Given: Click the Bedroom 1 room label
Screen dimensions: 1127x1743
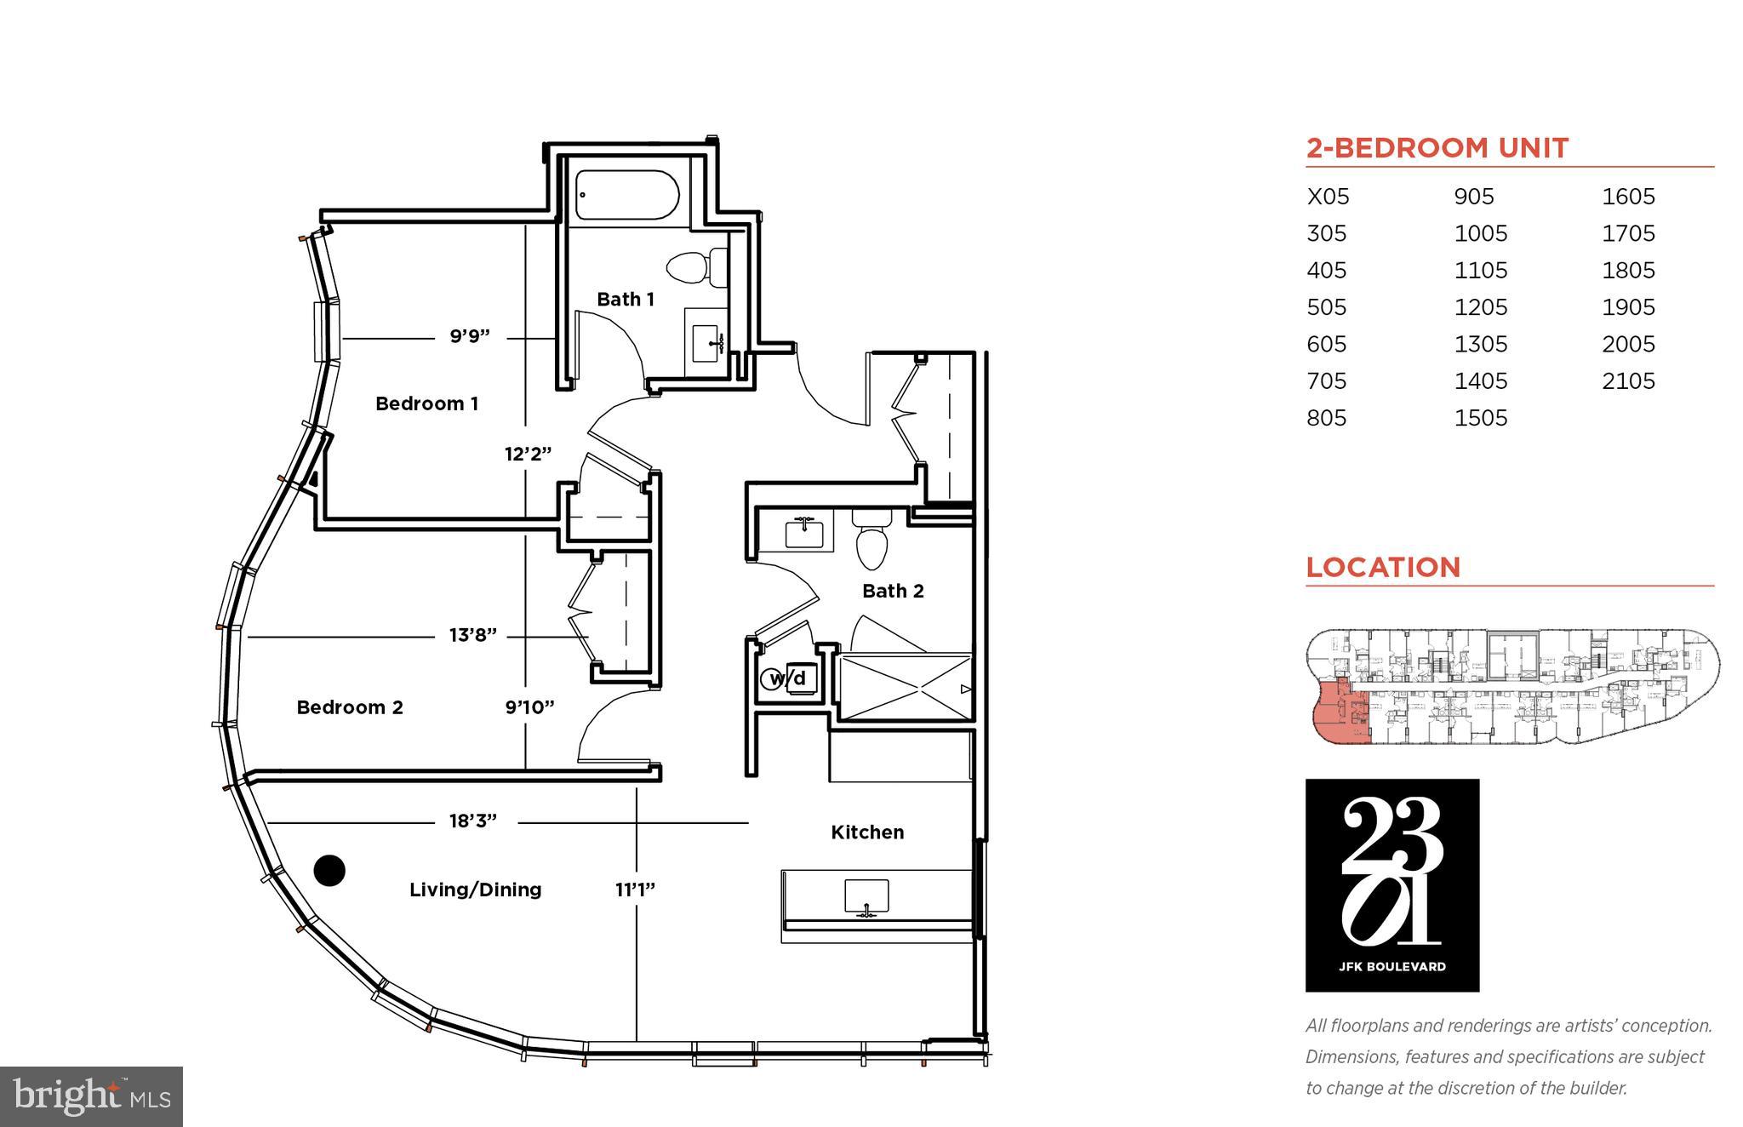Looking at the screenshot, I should (426, 403).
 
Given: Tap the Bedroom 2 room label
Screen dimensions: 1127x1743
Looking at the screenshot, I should (349, 707).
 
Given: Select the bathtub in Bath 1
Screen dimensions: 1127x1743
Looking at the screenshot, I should (626, 196).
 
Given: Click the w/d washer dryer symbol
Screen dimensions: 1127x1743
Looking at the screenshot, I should (787, 678).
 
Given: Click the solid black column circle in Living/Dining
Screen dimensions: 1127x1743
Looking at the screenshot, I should (329, 870).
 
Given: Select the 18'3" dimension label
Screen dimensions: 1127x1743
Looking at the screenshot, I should (472, 821).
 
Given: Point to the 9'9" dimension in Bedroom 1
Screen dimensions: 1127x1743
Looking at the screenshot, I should (470, 336).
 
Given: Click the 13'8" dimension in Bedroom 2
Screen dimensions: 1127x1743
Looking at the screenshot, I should (472, 635).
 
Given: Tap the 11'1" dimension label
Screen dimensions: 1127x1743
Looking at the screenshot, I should (635, 890).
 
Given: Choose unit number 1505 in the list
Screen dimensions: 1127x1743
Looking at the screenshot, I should (1480, 418).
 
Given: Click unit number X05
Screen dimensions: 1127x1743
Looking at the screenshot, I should (1328, 197).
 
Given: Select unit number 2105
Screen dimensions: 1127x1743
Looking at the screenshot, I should (1628, 380).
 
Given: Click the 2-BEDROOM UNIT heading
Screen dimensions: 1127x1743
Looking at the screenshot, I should (1437, 148).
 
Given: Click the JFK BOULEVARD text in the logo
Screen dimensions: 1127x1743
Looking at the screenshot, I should (1392, 966).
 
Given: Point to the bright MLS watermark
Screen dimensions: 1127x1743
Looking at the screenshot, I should (91, 1096).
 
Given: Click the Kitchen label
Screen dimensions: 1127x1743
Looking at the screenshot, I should (866, 832).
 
